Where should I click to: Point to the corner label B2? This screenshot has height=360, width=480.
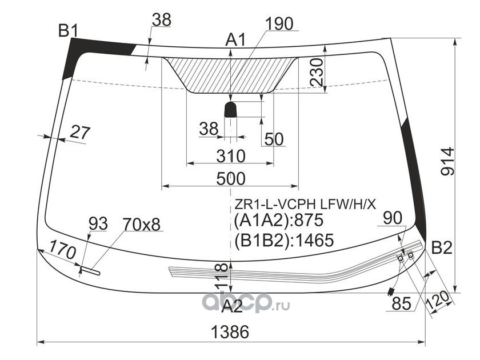pos(441,248)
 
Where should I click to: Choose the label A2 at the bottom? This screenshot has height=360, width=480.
pos(232,307)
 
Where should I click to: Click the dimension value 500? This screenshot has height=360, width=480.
pos(231,178)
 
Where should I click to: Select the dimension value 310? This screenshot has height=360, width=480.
pos(231,155)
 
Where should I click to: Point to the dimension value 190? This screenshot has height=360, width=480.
pos(279,23)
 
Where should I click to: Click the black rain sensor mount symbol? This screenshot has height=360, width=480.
pos(230,109)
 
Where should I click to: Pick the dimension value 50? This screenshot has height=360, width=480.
pos(274,139)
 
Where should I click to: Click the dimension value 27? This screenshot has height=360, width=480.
pos(80,133)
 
